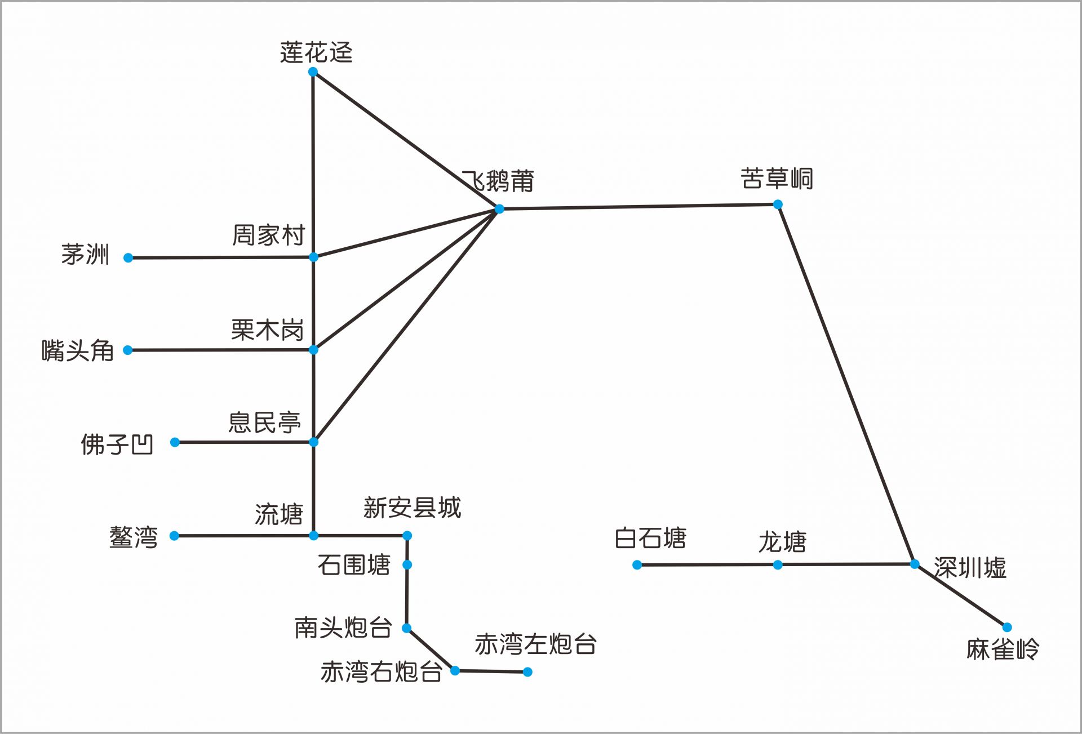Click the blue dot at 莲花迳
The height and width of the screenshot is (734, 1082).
(313, 72)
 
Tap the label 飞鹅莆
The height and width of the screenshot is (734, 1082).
(498, 181)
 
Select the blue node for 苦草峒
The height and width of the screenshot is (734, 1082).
(778, 204)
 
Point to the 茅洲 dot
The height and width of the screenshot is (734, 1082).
(128, 258)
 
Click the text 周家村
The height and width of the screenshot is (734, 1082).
(269, 235)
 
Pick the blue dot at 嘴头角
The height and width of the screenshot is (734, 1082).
(128, 350)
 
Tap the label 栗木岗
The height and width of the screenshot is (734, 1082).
(268, 330)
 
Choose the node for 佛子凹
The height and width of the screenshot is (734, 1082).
(175, 443)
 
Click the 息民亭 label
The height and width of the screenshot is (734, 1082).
(265, 422)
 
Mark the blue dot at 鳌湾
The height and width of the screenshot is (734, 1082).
(175, 536)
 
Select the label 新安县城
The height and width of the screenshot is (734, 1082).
(413, 508)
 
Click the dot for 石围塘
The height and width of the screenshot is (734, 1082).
(407, 565)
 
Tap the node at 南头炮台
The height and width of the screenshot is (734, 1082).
(407, 628)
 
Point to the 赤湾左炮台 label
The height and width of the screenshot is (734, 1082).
(536, 644)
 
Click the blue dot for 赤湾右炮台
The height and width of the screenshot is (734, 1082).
(455, 671)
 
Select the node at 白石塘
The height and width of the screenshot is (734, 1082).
(637, 565)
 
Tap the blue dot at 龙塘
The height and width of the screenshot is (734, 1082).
(778, 565)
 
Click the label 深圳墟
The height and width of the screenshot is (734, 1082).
(970, 568)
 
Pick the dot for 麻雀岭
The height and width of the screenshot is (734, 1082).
(1007, 628)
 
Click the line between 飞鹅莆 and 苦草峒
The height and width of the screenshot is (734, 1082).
(638, 207)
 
